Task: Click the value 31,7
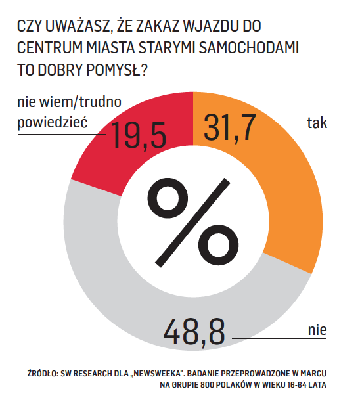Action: pos(230,127)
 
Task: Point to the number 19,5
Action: pos(139,135)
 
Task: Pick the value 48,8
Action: pos(194,332)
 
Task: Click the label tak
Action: pos(317,123)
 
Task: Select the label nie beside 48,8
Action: pos(317,330)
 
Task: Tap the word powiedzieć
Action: pos(53,122)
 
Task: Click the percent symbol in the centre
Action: pos(193,223)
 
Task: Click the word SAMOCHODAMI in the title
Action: pos(249,47)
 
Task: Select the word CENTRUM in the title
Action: pos(50,47)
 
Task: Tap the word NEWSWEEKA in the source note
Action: pos(156,374)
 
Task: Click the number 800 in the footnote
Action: pos(208,385)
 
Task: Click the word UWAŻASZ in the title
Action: pos(79,26)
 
